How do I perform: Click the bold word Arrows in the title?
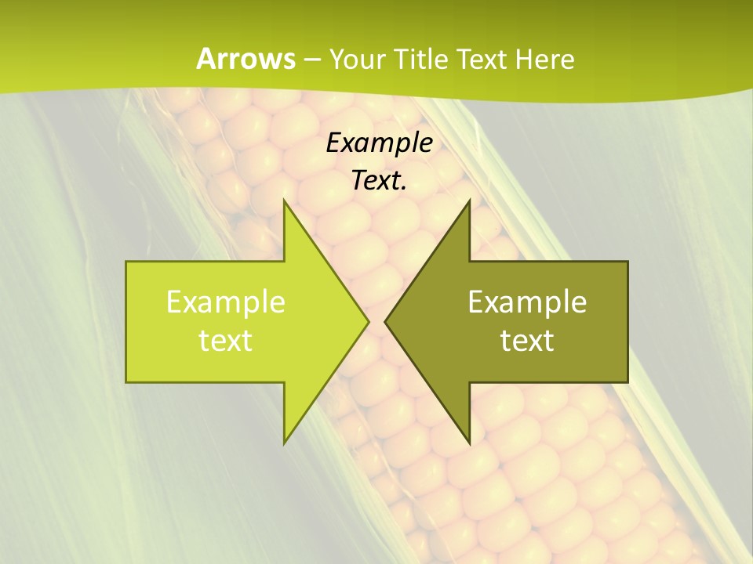point(246,59)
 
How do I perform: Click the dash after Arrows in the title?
point(311,60)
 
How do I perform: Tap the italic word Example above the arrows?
point(380,143)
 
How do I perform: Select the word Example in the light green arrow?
point(226,302)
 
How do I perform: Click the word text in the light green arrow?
point(226,341)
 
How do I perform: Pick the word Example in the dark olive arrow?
point(527,302)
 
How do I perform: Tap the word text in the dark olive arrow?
point(527,341)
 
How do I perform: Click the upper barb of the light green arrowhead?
point(286,205)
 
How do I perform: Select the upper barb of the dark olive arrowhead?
point(468,205)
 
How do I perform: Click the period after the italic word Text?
point(404,188)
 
